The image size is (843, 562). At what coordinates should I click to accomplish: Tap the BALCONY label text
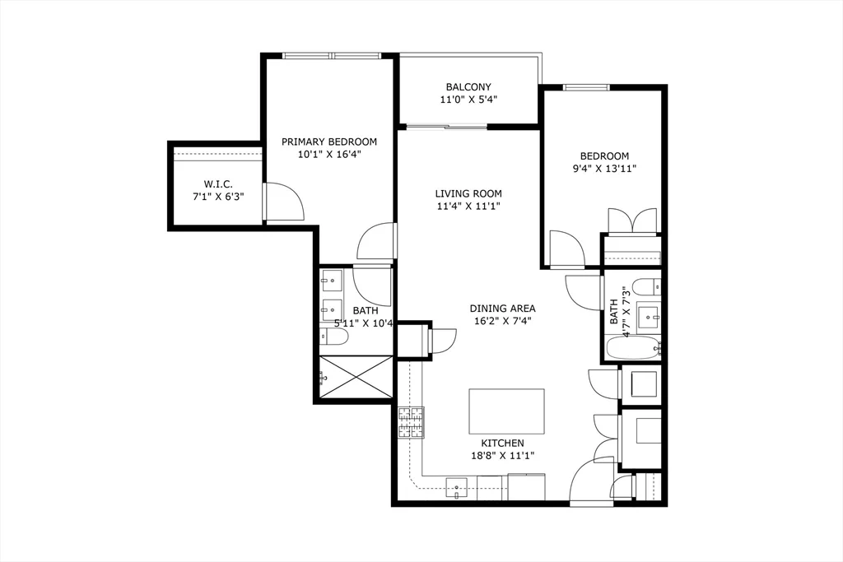pos(468,87)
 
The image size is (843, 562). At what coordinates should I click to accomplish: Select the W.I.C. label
pos(219,183)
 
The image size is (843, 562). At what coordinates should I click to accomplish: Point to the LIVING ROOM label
pos(468,194)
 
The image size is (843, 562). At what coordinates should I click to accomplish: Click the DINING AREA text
pos(502,309)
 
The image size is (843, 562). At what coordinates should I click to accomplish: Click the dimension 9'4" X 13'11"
pos(604,169)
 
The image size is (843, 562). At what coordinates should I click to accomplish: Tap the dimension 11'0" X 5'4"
pos(468,100)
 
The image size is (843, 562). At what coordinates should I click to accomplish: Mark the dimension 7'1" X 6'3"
pos(219,197)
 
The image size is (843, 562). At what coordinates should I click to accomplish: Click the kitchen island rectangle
pos(506,411)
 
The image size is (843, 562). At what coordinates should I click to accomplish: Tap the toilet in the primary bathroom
pos(333,337)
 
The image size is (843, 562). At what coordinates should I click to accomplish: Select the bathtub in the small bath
pos(633,348)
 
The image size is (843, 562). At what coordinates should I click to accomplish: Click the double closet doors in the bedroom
pos(632,221)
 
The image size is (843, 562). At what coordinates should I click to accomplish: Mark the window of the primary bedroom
pos(331,56)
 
